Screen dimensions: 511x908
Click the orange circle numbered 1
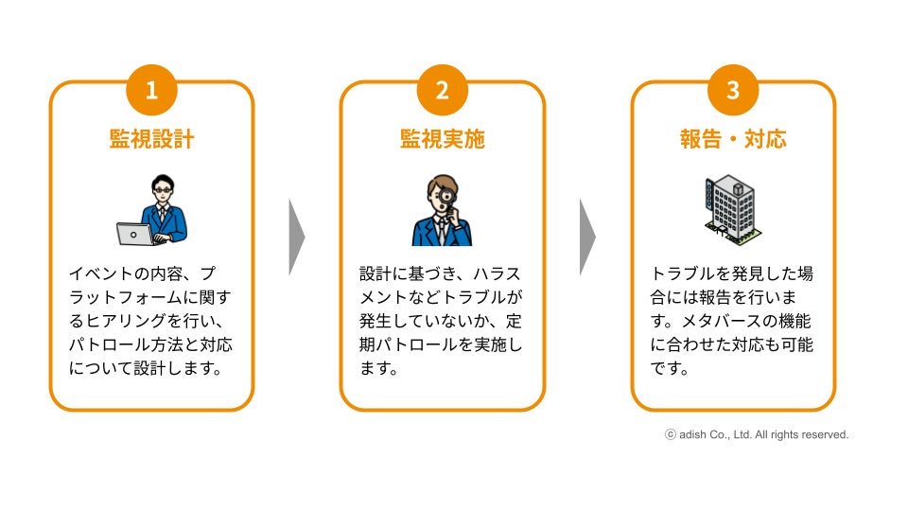151,90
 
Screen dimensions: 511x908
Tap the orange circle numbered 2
442,90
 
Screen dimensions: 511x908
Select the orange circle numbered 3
733,90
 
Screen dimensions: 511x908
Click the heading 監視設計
151,139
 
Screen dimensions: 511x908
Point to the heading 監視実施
442,139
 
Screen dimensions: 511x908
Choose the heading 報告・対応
733,139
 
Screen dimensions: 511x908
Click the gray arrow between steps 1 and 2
296,237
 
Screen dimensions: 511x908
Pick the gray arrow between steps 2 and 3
586,237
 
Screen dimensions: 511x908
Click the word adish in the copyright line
692,435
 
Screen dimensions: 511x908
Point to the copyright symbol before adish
671,435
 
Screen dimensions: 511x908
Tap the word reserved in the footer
826,435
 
